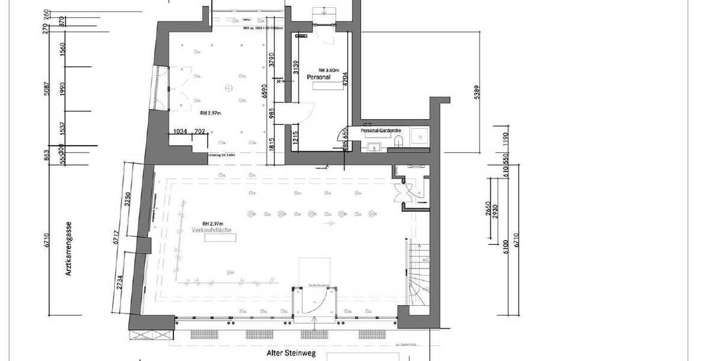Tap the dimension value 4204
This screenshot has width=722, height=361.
click(x=346, y=79)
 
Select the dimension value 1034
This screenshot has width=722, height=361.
click(x=180, y=131)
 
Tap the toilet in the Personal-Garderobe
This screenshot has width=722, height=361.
click(x=400, y=141)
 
